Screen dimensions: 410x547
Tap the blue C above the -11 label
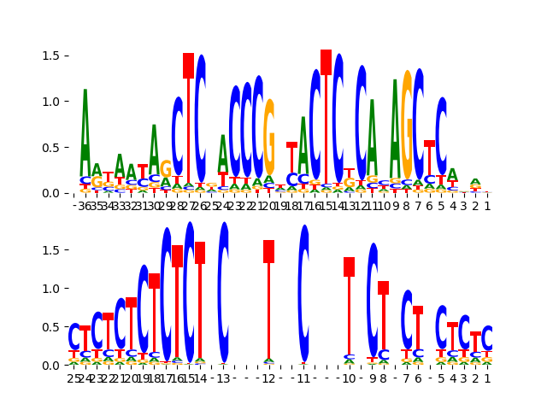(x=303, y=290)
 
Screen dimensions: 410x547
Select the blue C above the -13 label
(x=223, y=290)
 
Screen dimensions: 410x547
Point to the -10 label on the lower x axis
(x=348, y=378)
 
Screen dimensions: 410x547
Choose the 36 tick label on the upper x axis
(x=85, y=206)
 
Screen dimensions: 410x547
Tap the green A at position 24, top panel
(x=223, y=154)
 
